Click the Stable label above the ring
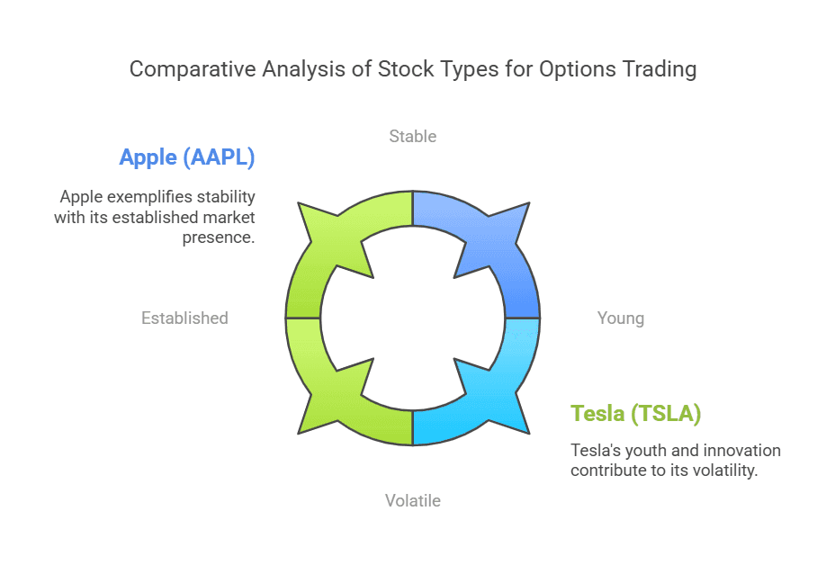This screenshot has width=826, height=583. (x=412, y=137)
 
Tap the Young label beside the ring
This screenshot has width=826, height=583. (x=621, y=318)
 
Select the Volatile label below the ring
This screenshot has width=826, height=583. (x=412, y=500)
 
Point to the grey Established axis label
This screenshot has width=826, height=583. (x=184, y=318)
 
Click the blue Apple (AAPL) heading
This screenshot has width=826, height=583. (x=187, y=157)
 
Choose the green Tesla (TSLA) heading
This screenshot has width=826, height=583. (x=636, y=414)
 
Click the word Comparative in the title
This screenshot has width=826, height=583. (x=193, y=69)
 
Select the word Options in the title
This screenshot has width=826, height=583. (x=578, y=69)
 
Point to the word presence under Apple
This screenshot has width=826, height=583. (x=219, y=238)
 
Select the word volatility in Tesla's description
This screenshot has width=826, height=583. (x=724, y=471)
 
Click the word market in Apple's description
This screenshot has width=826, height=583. (x=229, y=218)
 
